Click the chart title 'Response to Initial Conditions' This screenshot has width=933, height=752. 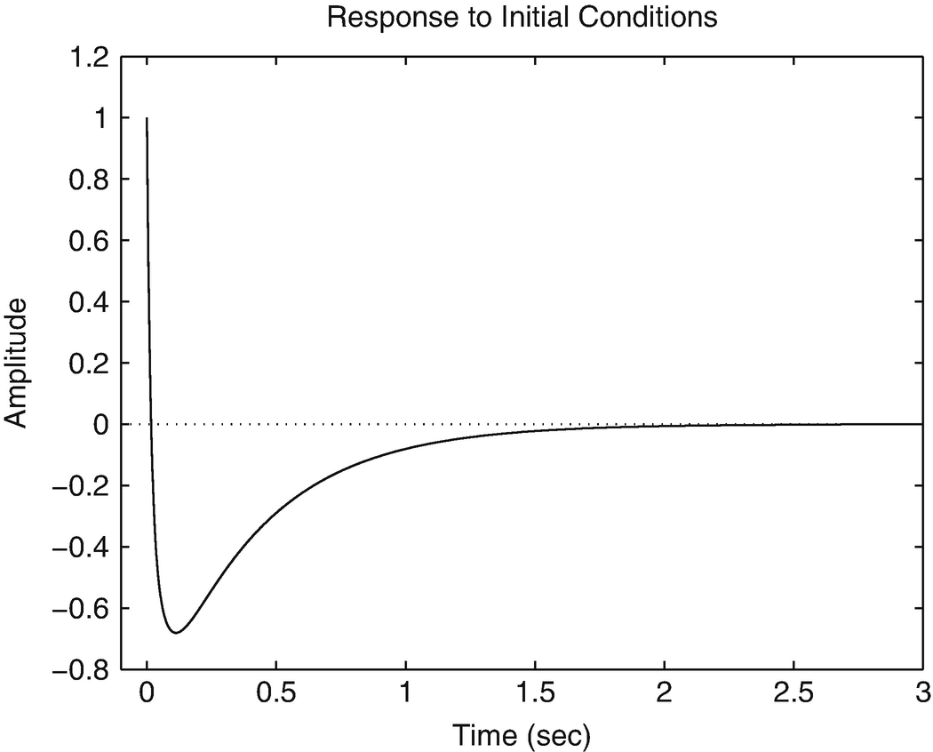coord(522,17)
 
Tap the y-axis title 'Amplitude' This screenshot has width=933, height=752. coord(19,363)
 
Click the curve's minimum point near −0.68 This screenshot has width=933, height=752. coord(176,633)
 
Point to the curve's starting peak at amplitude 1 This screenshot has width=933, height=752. coord(147,118)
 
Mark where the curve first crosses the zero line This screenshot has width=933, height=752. coord(152,424)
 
